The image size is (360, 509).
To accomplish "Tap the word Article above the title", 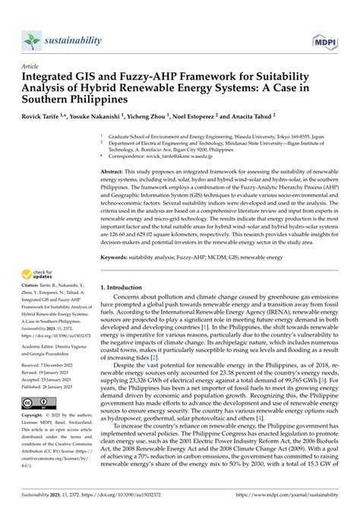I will pyautogui.click(x=33, y=66).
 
